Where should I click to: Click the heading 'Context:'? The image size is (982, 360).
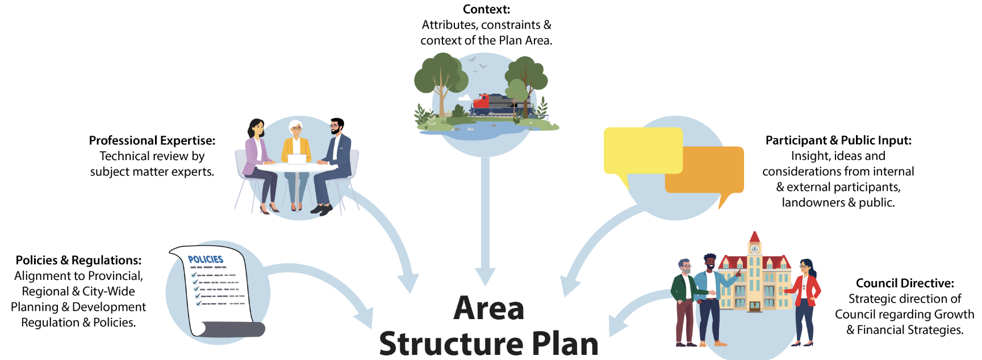[x=486, y=9]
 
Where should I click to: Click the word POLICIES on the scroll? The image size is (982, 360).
[x=206, y=259]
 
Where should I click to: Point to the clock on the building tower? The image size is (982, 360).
[x=754, y=249]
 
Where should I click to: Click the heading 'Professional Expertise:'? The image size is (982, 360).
[x=152, y=140]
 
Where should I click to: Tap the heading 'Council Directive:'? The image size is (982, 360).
[x=905, y=283]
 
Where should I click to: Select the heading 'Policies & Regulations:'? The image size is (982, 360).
[x=78, y=260]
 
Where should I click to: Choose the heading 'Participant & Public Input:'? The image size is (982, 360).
[x=838, y=140]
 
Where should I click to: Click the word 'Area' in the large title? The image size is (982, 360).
[x=488, y=309]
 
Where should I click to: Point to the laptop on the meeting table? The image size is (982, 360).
[x=297, y=159]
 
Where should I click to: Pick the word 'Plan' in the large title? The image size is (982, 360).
[x=565, y=344]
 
